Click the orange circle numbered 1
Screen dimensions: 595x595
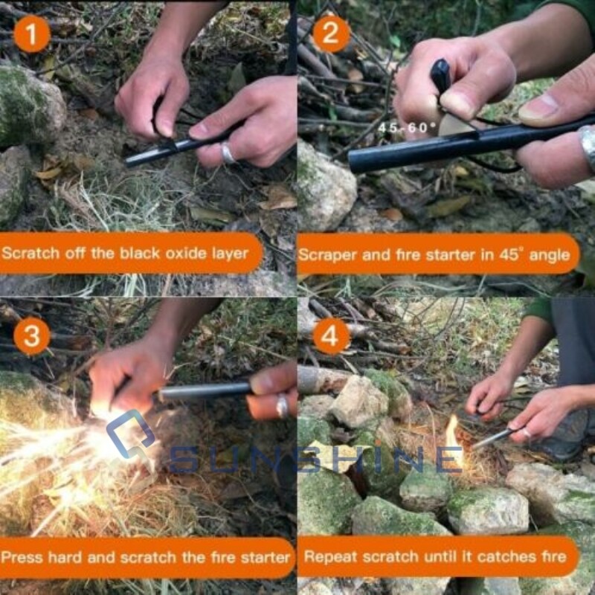[x=32, y=33]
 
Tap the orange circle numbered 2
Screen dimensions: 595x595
[x=332, y=33]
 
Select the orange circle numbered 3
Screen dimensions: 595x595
[x=32, y=335]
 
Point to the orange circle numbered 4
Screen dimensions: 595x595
[x=332, y=335]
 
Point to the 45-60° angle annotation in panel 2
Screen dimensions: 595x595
[x=407, y=127]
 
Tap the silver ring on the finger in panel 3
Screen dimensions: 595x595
[x=283, y=405]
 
